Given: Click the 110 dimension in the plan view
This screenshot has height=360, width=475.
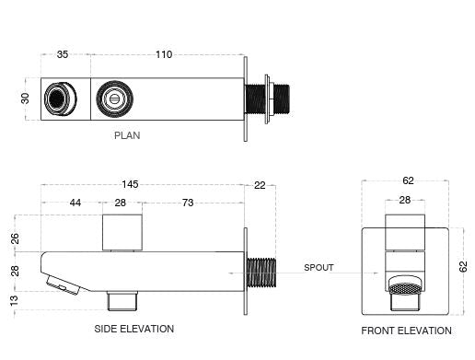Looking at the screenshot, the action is point(164,54).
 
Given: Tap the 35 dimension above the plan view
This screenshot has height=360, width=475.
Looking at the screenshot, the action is point(63,54).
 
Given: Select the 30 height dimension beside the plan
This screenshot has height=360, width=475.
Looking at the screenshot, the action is point(25,99).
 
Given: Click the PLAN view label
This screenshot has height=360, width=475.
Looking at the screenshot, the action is point(127,135).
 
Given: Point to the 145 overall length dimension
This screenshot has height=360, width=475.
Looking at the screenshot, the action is point(130,184).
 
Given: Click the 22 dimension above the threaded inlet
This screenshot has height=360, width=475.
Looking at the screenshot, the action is point(260,185).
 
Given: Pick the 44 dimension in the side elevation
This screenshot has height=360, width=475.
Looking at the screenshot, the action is point(75,203).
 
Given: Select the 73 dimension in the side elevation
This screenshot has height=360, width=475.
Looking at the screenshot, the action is point(188,203).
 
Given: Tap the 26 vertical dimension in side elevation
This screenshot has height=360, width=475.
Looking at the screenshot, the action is point(15,238).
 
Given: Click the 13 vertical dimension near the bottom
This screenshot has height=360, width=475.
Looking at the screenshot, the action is point(14,301).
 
